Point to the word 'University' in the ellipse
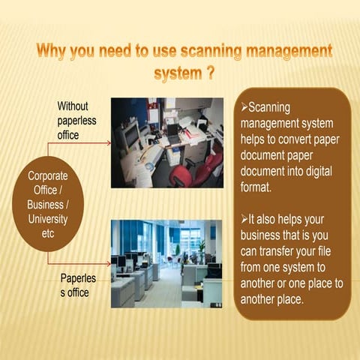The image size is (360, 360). tap(47, 218)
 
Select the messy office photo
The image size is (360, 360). tap(167, 142)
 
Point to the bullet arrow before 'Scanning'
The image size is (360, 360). tap(245, 106)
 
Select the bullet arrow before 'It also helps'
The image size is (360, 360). tap(245, 217)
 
